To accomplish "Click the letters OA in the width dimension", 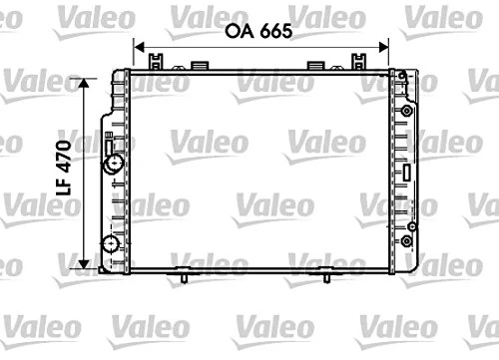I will (x=237, y=32).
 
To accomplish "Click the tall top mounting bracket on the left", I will (x=156, y=62).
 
